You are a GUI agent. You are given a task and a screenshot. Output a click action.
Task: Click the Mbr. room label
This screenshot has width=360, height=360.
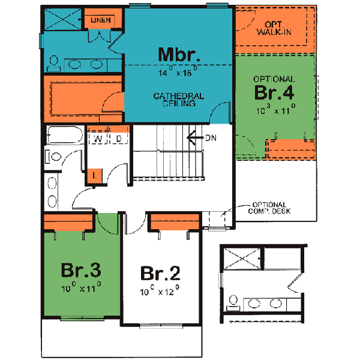pos(178,55)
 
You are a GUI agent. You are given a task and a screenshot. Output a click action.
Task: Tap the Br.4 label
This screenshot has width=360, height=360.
pos(274,93)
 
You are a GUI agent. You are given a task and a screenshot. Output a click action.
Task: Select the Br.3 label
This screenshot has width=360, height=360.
pos(80,269)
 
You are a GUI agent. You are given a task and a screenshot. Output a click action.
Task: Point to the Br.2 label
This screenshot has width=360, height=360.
pos(160,274)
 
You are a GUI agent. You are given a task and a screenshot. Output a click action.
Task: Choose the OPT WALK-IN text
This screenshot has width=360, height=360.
pos(274,28)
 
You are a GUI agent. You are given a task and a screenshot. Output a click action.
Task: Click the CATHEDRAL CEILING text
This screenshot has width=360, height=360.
pos(178,100)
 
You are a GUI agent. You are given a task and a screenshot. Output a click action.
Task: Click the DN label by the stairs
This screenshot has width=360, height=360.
pos(211,138)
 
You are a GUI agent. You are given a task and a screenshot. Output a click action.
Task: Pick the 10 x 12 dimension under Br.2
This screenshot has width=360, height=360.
pos(160,292)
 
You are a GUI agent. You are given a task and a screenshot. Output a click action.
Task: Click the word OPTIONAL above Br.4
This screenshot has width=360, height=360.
pos(274,79)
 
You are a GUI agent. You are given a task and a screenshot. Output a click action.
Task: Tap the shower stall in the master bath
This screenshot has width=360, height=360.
pos(62,19)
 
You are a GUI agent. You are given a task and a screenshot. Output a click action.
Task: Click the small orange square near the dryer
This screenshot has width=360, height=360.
pos(95,175)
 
